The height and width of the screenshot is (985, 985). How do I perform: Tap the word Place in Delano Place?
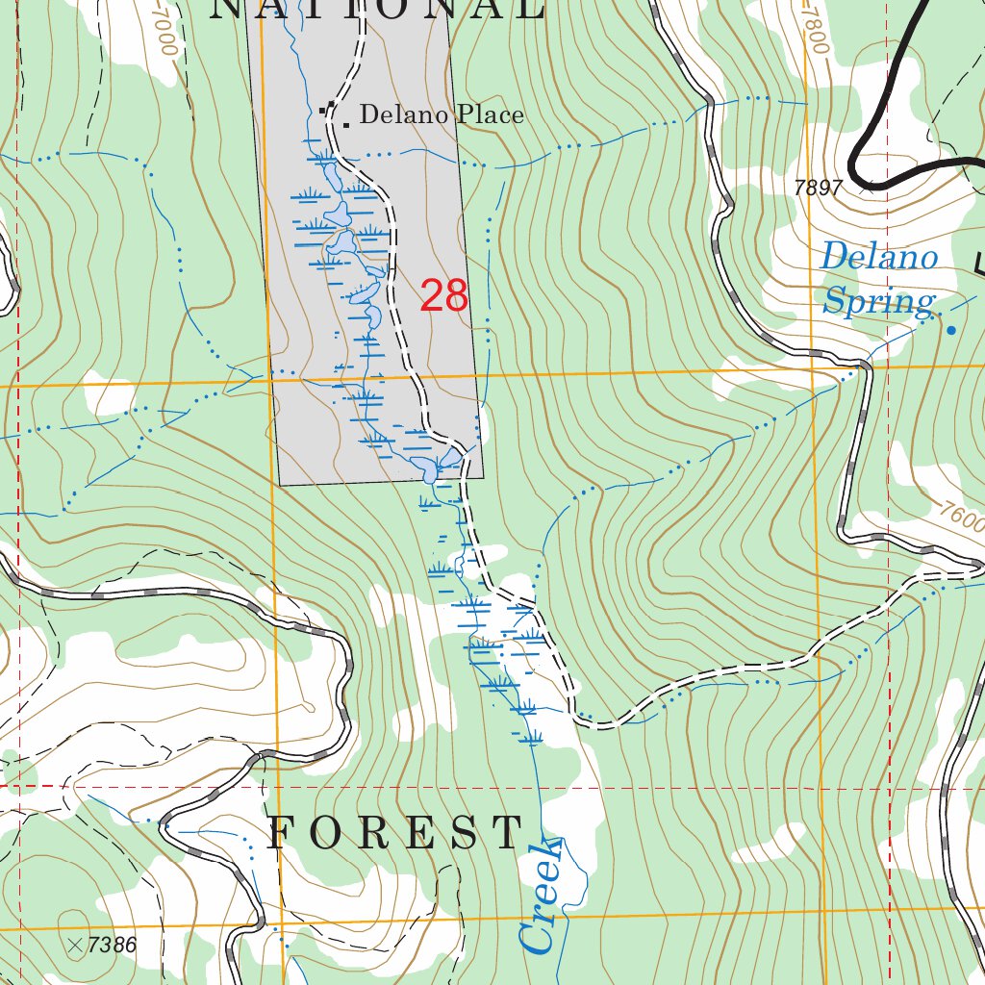[x=491, y=115]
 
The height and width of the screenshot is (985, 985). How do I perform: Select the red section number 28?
[x=444, y=296]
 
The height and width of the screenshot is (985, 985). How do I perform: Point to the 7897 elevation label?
[x=819, y=189]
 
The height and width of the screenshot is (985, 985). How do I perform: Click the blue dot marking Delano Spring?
[x=951, y=331]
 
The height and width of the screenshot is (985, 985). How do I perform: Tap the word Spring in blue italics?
[x=878, y=302]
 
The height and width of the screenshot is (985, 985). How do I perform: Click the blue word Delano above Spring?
[x=878, y=258]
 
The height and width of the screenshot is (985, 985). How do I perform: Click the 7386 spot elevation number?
[x=112, y=946]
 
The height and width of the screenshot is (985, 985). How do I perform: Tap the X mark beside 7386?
[x=75, y=946]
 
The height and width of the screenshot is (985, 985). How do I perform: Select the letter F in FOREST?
[x=281, y=833]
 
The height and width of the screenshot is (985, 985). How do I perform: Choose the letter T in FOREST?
[x=507, y=833]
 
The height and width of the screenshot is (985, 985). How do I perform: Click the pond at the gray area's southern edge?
[x=427, y=468]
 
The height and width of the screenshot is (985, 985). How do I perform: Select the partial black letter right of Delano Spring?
[x=978, y=263]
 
